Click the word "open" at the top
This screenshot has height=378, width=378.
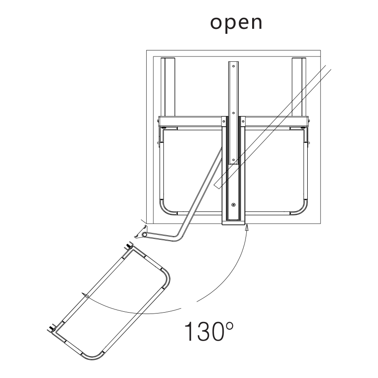[x=236, y=24]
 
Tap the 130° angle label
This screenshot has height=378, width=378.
[x=209, y=331]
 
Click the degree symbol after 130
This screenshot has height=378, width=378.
[x=229, y=326]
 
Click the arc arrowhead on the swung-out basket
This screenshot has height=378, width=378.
[x=85, y=296]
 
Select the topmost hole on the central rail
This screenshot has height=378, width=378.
[x=233, y=66]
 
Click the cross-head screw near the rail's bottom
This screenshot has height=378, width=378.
[x=233, y=205]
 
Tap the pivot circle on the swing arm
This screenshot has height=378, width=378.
[x=145, y=234]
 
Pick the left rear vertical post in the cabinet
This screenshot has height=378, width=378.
[x=168, y=87]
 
